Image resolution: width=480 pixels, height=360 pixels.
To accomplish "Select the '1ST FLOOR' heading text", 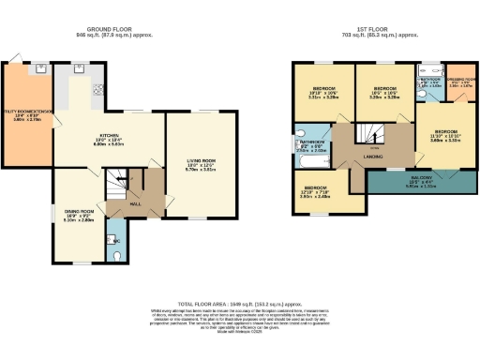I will click(364, 29).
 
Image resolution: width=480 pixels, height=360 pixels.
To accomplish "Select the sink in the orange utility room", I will click(42, 70).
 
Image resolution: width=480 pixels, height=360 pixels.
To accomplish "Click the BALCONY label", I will click(420, 178).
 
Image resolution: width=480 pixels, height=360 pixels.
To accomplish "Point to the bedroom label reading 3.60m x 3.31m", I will click(444, 135).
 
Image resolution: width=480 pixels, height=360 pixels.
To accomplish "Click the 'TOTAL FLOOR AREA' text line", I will click(239, 306).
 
